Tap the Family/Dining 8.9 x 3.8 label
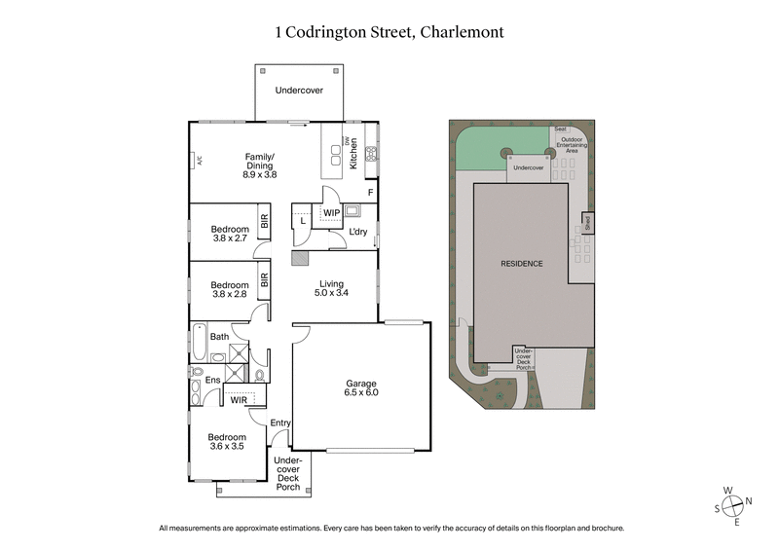(x=259, y=165)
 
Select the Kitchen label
(x=354, y=154)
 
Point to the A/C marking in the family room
(x=198, y=161)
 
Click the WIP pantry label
(x=331, y=212)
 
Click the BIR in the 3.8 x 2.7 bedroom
(x=264, y=222)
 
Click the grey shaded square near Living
(x=300, y=259)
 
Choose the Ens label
(x=211, y=380)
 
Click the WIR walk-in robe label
(x=239, y=399)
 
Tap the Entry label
(x=280, y=422)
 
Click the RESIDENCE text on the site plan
(x=522, y=264)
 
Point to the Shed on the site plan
(x=588, y=224)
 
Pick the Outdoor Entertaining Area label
(x=573, y=145)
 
